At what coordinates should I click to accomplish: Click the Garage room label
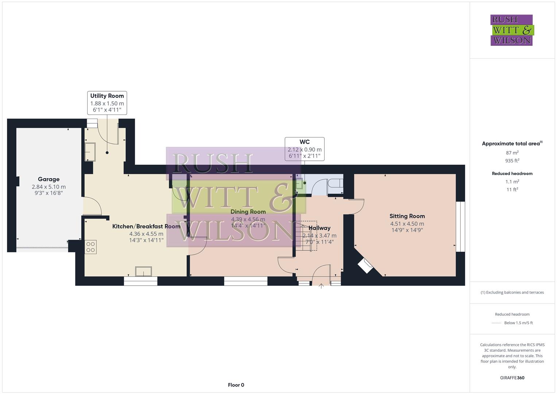(x=49, y=179)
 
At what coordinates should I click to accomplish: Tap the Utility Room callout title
(x=107, y=96)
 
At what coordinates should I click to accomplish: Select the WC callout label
(x=305, y=142)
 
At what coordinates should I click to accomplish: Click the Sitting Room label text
(x=407, y=216)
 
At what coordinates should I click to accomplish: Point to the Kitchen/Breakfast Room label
(x=146, y=226)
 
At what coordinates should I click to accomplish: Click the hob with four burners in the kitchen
(x=90, y=247)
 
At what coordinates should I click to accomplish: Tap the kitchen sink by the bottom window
(x=143, y=271)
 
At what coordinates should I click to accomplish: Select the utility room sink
(x=90, y=152)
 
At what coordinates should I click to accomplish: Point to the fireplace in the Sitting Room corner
(x=365, y=266)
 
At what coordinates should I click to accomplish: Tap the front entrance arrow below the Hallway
(x=321, y=286)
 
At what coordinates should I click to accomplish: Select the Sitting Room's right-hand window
(x=460, y=227)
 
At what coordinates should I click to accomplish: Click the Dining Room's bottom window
(x=245, y=281)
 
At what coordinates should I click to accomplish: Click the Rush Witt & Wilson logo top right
(x=511, y=30)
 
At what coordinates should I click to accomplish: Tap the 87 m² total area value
(x=512, y=153)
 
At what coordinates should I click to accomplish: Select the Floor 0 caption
(x=236, y=385)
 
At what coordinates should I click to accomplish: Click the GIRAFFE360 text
(x=512, y=378)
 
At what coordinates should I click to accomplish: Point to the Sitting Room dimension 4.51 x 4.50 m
(x=407, y=224)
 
